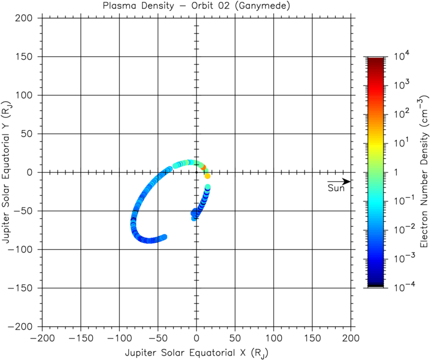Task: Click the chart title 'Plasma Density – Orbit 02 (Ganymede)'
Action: (x=196, y=6)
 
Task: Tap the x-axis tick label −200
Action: (x=42, y=337)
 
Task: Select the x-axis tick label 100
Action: (x=273, y=337)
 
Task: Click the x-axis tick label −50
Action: (x=157, y=337)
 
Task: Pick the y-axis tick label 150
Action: (x=29, y=57)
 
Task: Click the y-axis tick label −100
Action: (x=24, y=249)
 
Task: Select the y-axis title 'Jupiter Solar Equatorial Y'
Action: (x=7, y=172)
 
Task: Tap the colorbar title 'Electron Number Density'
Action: (x=423, y=172)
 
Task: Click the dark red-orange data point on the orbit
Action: (x=203, y=168)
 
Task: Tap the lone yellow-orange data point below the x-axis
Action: (x=208, y=176)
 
